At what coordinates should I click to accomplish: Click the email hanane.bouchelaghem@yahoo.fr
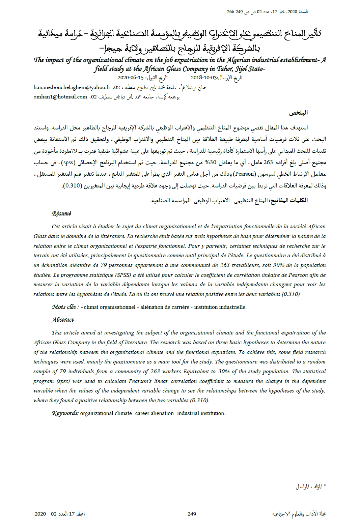click(72, 87)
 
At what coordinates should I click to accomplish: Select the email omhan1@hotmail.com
click(60, 97)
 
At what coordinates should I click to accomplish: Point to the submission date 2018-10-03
click(204, 78)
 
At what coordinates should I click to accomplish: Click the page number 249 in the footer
click(192, 514)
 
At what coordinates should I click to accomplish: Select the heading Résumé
click(62, 213)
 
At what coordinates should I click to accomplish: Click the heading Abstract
click(63, 320)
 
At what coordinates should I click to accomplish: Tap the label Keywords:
click(65, 413)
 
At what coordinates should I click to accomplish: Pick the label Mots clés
click(64, 307)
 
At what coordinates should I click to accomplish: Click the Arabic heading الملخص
click(299, 113)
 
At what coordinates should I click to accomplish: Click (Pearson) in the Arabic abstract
click(244, 174)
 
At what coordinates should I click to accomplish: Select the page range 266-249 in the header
click(235, 12)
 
